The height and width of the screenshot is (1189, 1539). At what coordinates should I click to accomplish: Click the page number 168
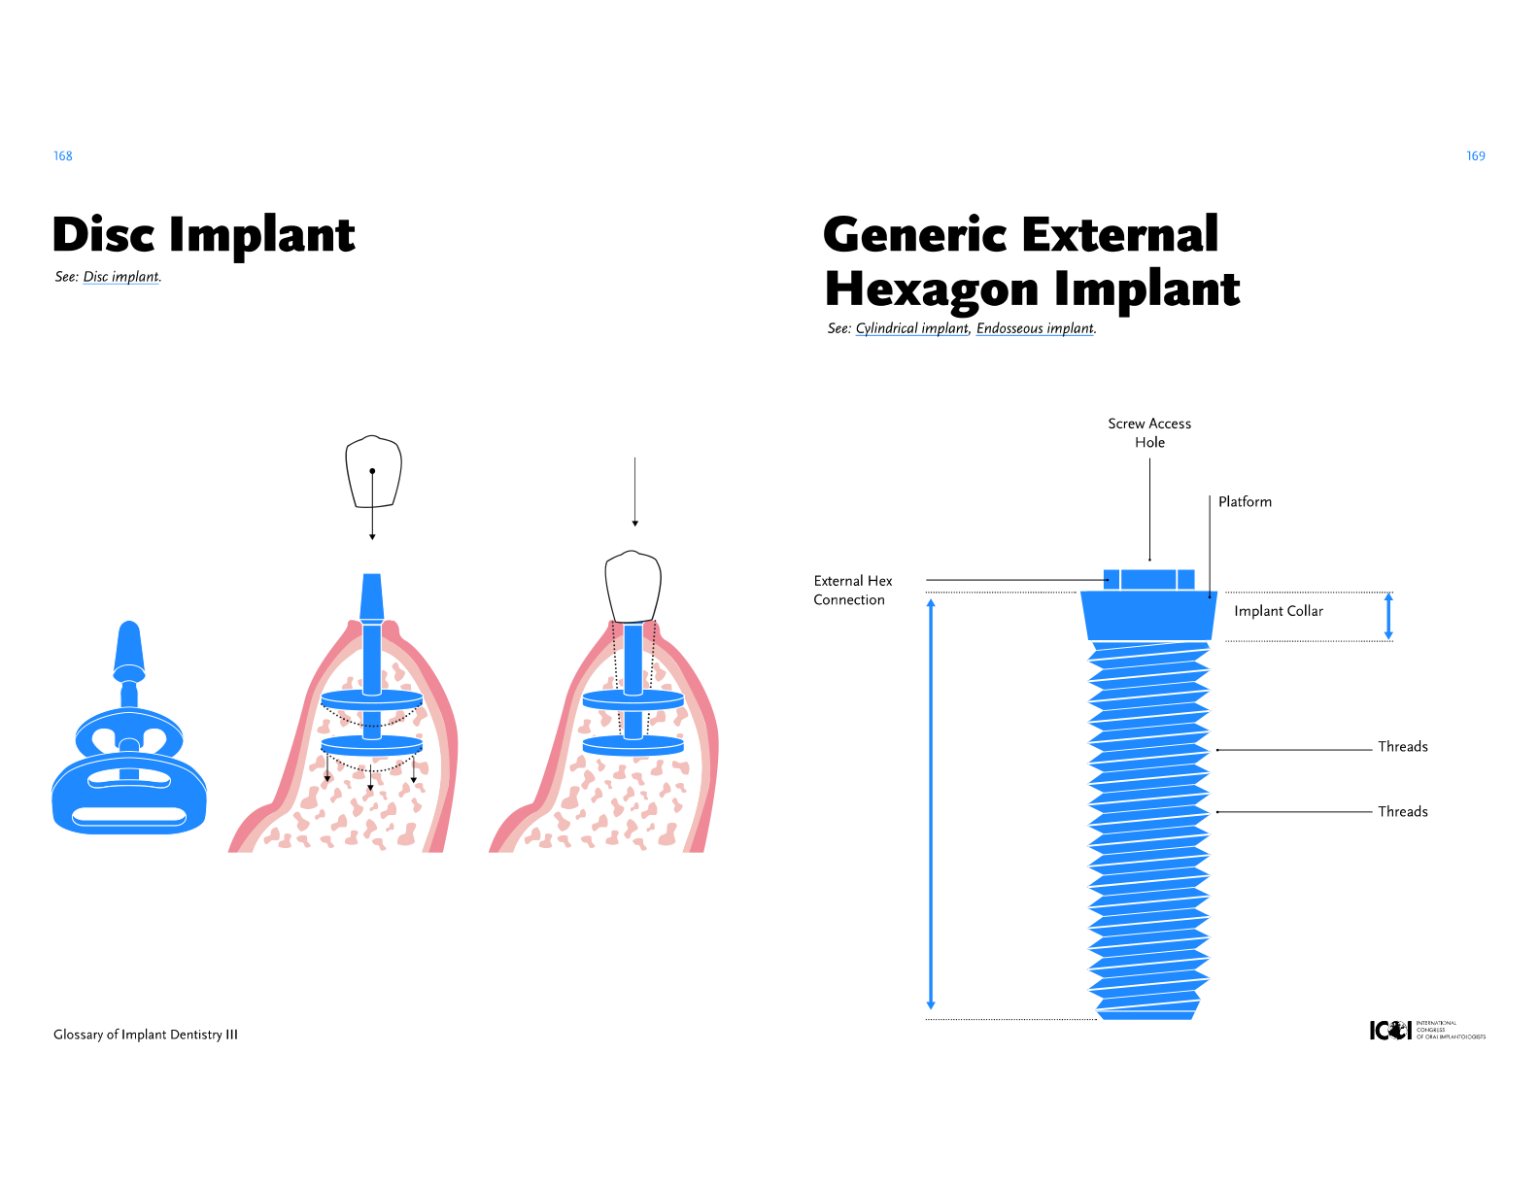pyautogui.click(x=63, y=156)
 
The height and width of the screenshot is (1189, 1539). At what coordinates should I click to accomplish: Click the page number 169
pyautogui.click(x=1475, y=156)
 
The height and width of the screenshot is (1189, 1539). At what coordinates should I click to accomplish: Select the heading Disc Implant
pyautogui.click(x=204, y=236)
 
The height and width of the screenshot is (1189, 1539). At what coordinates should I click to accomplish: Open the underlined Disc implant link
pyautogui.click(x=121, y=277)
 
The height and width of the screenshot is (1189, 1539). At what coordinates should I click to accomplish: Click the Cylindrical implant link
pyautogui.click(x=911, y=328)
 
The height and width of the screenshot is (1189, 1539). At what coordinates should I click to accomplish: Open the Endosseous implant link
pyautogui.click(x=1035, y=328)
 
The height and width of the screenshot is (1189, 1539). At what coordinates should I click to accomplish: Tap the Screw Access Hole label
pyautogui.click(x=1149, y=432)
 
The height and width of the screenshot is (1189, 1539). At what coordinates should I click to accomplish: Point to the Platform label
pyautogui.click(x=1245, y=502)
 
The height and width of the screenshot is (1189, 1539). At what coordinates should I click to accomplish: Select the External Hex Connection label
pyautogui.click(x=852, y=590)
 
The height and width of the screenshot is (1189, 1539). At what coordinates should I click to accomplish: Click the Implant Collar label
pyautogui.click(x=1278, y=611)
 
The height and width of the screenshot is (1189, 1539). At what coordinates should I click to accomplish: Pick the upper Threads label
pyautogui.click(x=1402, y=747)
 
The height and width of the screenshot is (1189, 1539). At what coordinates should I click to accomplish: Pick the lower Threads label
pyautogui.click(x=1402, y=812)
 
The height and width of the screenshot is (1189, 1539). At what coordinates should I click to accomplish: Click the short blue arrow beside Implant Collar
pyautogui.click(x=1388, y=616)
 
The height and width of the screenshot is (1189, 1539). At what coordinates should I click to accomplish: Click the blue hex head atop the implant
pyautogui.click(x=1149, y=580)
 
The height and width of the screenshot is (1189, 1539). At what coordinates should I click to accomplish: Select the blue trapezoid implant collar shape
pyautogui.click(x=1149, y=616)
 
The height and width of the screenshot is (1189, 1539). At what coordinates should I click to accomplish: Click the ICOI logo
pyautogui.click(x=1426, y=1031)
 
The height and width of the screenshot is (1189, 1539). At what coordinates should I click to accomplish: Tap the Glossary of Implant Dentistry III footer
pyautogui.click(x=146, y=1035)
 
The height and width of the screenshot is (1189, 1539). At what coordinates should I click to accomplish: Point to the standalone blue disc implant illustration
pyautogui.click(x=129, y=748)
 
